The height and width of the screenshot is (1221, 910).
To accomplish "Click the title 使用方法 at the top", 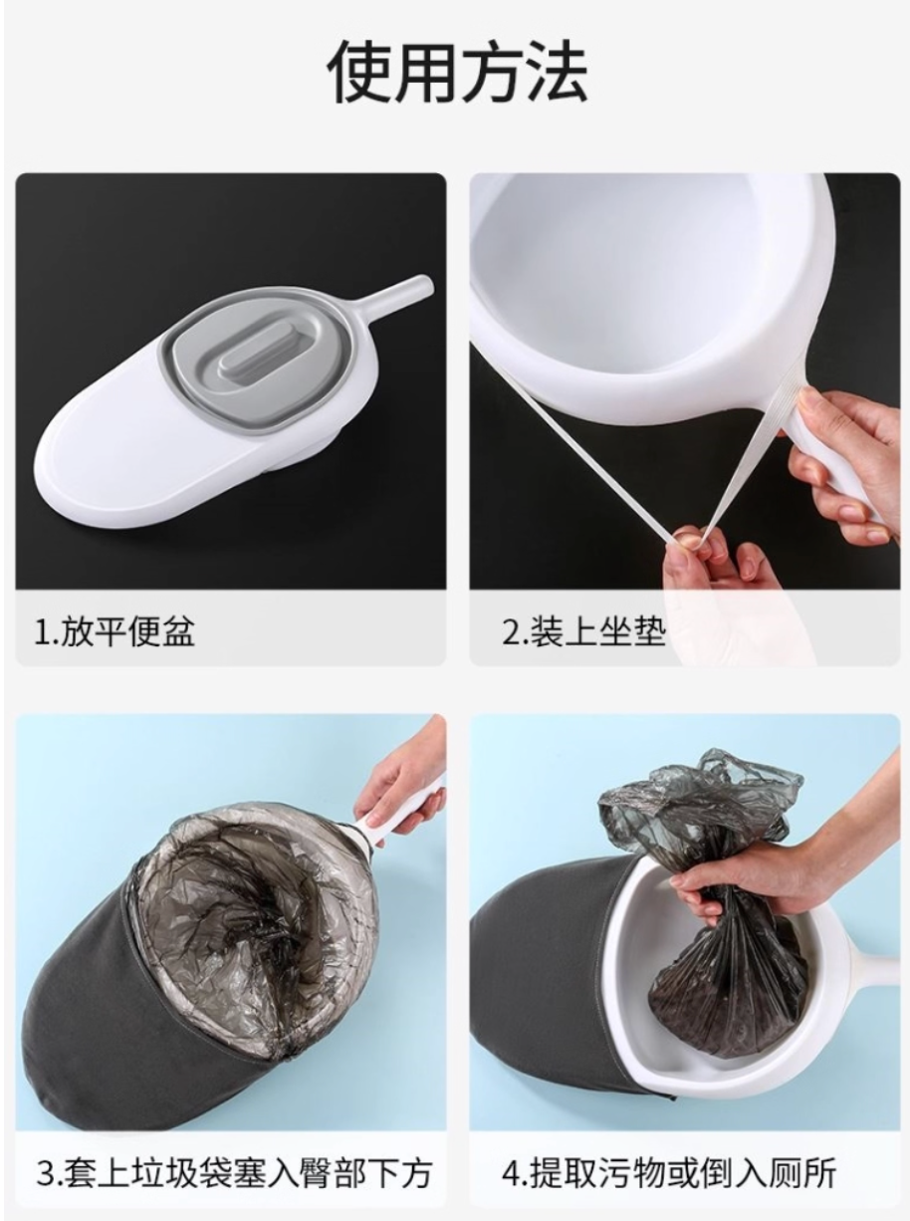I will pyautogui.click(x=457, y=74).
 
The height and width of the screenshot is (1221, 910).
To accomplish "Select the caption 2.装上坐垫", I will pyautogui.click(x=582, y=631).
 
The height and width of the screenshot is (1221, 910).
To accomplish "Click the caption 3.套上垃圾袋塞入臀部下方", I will pyautogui.click(x=234, y=1172).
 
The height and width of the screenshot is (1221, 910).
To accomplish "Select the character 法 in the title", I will pyautogui.click(x=554, y=74).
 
